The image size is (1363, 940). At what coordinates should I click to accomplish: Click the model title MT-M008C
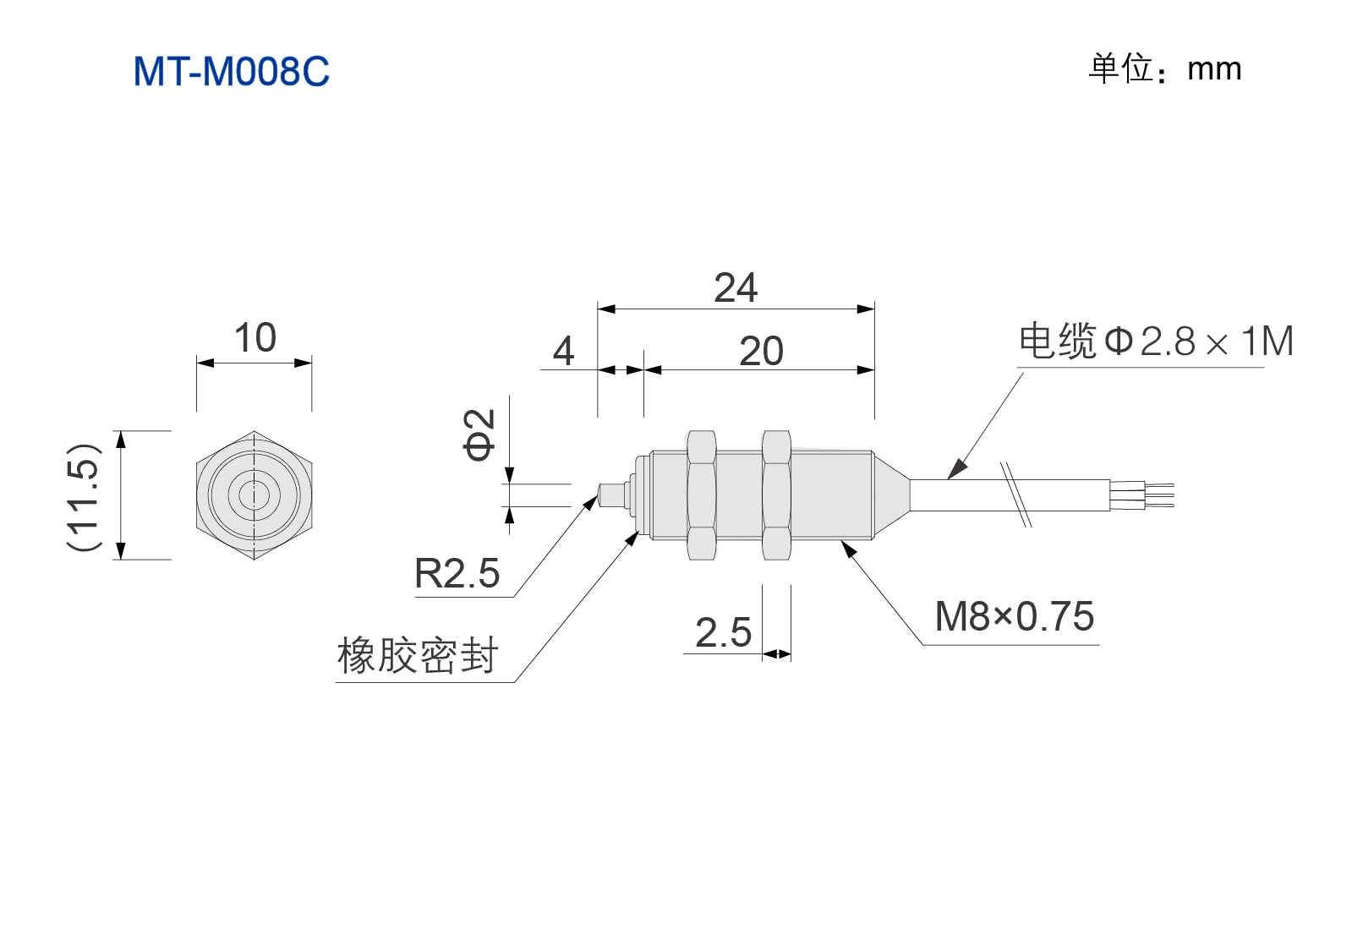pyautogui.click(x=231, y=71)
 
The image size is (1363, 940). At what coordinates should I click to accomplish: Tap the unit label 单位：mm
pyautogui.click(x=1164, y=68)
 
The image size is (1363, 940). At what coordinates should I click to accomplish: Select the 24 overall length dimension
pyautogui.click(x=736, y=287)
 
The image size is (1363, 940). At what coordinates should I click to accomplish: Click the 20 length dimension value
pyautogui.click(x=761, y=351)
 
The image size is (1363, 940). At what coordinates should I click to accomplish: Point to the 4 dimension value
pyautogui.click(x=563, y=351)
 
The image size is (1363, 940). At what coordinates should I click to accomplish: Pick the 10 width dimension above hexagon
pyautogui.click(x=255, y=337)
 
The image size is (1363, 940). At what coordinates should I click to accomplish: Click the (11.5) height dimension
pyautogui.click(x=84, y=495)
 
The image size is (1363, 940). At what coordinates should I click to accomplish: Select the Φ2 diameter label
pyautogui.click(x=479, y=434)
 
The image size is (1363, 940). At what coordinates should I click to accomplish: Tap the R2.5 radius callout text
pyautogui.click(x=457, y=573)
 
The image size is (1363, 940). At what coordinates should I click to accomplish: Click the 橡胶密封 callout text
pyautogui.click(x=418, y=654)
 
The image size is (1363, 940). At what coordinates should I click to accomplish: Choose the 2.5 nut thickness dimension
pyautogui.click(x=724, y=632)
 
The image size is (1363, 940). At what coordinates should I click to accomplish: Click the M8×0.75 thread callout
pyautogui.click(x=1015, y=616)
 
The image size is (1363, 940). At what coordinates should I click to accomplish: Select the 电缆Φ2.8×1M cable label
pyautogui.click(x=1156, y=341)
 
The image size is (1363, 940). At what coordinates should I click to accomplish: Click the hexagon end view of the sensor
pyautogui.click(x=254, y=495)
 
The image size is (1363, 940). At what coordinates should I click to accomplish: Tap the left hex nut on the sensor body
pyautogui.click(x=702, y=495)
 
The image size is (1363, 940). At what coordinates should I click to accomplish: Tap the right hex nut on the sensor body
pyautogui.click(x=776, y=495)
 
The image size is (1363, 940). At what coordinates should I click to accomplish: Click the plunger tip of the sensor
pyautogui.click(x=611, y=495)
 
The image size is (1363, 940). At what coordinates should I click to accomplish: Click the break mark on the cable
pyautogui.click(x=1016, y=495)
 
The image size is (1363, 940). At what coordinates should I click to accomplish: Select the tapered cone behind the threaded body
pyautogui.click(x=891, y=495)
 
